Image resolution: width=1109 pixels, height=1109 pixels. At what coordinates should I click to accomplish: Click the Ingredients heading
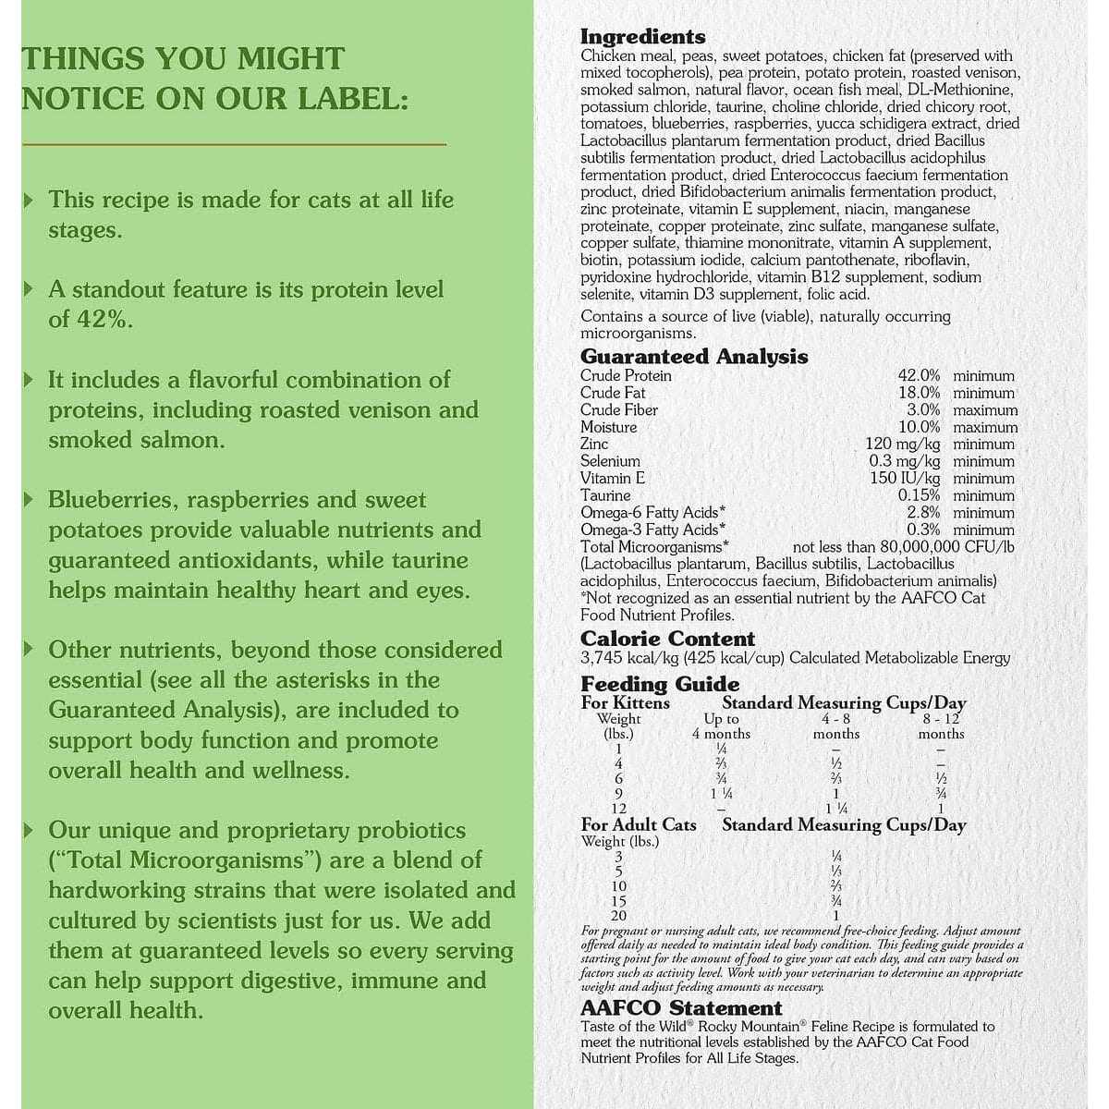(642, 37)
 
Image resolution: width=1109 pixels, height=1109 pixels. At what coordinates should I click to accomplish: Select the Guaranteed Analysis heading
(693, 357)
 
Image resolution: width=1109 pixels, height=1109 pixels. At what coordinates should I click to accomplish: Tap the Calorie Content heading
(667, 639)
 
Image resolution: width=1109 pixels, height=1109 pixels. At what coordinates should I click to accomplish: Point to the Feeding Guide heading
(660, 684)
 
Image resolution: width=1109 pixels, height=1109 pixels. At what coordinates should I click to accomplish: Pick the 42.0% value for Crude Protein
(919, 376)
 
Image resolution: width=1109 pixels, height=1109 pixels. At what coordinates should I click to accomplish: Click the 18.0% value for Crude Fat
(919, 393)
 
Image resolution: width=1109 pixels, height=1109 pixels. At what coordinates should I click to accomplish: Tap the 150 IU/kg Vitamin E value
(905, 478)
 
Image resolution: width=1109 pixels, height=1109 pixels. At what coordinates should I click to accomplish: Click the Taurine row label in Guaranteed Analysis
(605, 495)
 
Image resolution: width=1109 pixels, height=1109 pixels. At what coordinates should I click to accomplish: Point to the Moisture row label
(608, 427)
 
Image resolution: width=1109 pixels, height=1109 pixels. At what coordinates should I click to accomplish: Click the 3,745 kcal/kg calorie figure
(622, 658)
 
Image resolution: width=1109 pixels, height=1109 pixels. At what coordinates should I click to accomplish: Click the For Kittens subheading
(625, 702)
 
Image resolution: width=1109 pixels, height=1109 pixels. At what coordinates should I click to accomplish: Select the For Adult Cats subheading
(638, 824)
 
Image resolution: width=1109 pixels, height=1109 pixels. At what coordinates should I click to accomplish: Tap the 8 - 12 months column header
(941, 726)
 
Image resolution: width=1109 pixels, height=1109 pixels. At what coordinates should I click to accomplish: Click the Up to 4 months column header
(721, 726)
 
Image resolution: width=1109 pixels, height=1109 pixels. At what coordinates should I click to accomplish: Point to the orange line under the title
(234, 144)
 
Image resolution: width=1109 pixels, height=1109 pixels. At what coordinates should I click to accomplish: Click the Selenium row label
(610, 461)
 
